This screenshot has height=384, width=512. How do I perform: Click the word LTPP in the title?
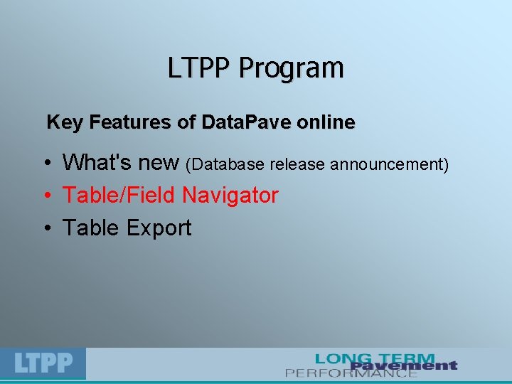201,68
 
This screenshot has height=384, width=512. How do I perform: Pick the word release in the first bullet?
295,165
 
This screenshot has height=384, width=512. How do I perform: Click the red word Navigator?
230,196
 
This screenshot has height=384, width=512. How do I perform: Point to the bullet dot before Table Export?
46,229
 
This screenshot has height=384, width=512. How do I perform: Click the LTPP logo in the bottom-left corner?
43,363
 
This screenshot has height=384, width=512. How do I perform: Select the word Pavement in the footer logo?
403,366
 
